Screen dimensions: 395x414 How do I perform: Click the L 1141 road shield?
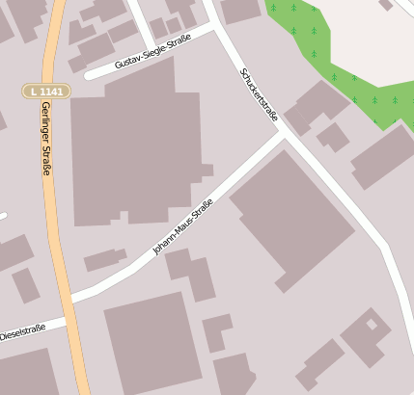45,91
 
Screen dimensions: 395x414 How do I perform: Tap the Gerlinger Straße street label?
45,139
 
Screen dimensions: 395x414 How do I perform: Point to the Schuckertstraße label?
259,93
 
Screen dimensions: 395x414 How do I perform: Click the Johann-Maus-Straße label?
182,227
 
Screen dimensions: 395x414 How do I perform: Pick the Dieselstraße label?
22,333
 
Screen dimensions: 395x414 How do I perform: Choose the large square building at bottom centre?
152,343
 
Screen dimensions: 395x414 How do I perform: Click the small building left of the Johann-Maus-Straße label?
104,259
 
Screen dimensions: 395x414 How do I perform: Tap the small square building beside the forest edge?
333,136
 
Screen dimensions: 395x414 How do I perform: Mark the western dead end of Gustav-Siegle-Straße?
88,73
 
